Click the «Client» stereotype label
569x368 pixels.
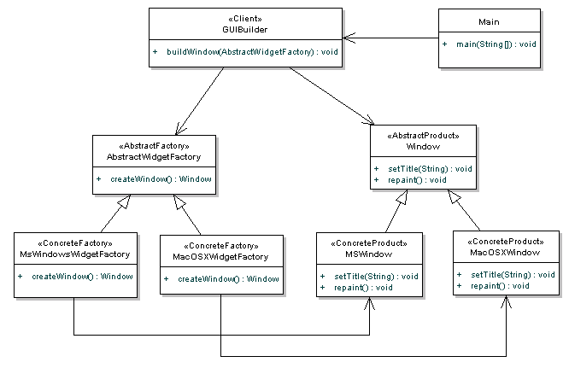(x=245, y=19)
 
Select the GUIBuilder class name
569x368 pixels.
(x=245, y=29)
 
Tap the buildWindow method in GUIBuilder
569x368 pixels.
(x=252, y=52)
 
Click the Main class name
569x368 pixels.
(x=489, y=21)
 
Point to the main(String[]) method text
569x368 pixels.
(x=496, y=44)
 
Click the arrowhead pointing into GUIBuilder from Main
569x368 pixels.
(x=349, y=38)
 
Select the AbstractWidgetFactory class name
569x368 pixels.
(x=154, y=156)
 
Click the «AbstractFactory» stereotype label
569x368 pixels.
(x=154, y=146)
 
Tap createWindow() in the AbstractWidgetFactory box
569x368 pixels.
(x=161, y=179)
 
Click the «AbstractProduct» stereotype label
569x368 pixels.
(x=423, y=136)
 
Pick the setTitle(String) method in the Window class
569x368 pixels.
(x=430, y=169)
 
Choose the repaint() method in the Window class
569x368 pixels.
(x=417, y=180)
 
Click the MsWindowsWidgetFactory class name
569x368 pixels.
(x=74, y=254)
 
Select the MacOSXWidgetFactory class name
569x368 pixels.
(x=220, y=257)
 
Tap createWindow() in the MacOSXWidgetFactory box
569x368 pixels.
(x=228, y=279)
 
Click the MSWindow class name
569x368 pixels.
(x=369, y=254)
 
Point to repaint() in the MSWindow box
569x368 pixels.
(x=363, y=288)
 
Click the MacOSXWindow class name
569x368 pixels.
(x=505, y=253)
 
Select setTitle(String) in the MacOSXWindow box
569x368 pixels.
(x=513, y=275)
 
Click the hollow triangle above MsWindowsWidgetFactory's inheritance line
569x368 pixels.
(x=124, y=202)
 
